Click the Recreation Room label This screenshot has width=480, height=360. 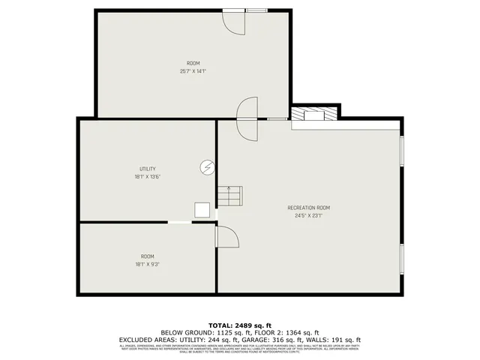pyautogui.click(x=308, y=208)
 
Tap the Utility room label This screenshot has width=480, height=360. pyautogui.click(x=147, y=169)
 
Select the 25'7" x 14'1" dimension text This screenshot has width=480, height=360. pyautogui.click(x=193, y=71)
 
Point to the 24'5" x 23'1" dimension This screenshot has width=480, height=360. pyautogui.click(x=308, y=216)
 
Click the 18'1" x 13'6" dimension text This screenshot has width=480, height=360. pyautogui.click(x=147, y=177)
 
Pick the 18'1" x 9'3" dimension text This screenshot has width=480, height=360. pyautogui.click(x=147, y=264)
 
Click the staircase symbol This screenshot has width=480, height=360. pyautogui.click(x=229, y=196)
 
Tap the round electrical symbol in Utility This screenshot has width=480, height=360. pyautogui.click(x=207, y=167)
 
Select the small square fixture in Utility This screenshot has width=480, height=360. pyautogui.click(x=202, y=210)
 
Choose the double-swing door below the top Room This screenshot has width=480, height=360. pyautogui.click(x=247, y=118)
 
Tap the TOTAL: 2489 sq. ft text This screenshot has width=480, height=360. pyautogui.click(x=240, y=325)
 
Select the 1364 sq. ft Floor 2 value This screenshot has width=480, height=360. pyautogui.click(x=301, y=332)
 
